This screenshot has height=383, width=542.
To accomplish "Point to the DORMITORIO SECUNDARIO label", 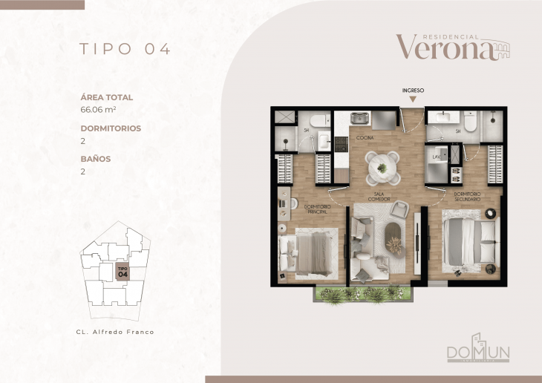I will tap(468, 197).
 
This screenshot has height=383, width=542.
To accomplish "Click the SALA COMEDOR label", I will tap(383, 197).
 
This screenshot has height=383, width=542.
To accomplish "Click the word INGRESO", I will tap(413, 91).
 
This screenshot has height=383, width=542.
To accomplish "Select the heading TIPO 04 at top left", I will tap(125, 49).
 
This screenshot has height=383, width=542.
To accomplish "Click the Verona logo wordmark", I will tap(444, 48).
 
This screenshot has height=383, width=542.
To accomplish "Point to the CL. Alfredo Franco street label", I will tap(115, 332).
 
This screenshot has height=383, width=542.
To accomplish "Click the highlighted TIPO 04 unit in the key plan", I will tap(123, 272).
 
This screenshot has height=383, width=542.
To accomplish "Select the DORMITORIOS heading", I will tap(111, 128).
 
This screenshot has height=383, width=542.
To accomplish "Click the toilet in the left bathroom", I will tap(317, 120).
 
